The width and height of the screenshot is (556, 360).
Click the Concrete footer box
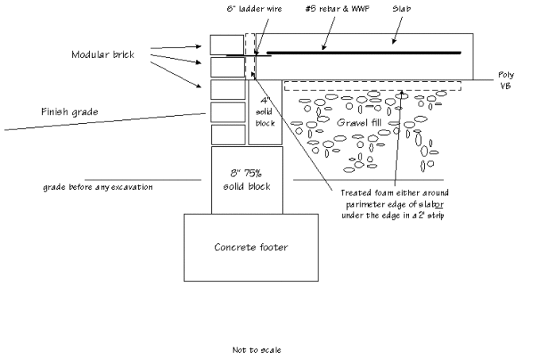[251, 247]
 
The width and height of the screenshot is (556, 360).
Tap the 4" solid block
[265, 112]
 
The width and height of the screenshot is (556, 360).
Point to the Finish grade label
[70, 112]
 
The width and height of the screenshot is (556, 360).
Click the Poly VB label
[505, 79]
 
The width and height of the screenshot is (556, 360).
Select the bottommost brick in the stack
[228, 134]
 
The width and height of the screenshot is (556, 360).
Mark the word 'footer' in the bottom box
[272, 247]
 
